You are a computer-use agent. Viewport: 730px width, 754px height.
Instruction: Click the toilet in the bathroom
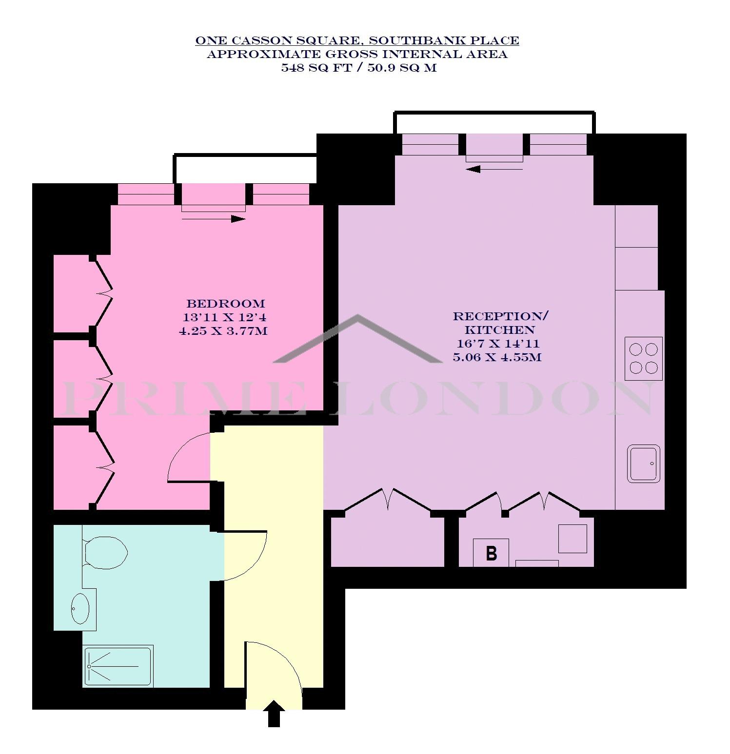(x=105, y=553)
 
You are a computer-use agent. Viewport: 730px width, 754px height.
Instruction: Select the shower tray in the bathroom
(x=118, y=666)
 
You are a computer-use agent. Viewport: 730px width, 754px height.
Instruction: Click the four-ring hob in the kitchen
(x=644, y=358)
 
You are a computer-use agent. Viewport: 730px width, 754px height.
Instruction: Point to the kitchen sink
(x=643, y=463)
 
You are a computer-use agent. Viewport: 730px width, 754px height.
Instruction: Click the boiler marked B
(x=491, y=553)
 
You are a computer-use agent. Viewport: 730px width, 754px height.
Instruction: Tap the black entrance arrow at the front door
(x=275, y=714)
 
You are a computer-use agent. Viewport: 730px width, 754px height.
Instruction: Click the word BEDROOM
(x=226, y=304)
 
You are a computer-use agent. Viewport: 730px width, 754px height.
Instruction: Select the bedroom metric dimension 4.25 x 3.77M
(x=223, y=331)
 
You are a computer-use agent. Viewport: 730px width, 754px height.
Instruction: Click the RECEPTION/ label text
(x=501, y=316)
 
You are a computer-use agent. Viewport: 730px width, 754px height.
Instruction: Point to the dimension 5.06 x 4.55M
(x=497, y=357)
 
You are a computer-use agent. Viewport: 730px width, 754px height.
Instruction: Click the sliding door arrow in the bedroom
(x=214, y=219)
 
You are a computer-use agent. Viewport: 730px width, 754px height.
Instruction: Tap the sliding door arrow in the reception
(x=494, y=169)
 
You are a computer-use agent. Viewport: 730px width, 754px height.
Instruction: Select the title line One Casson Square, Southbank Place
(x=357, y=40)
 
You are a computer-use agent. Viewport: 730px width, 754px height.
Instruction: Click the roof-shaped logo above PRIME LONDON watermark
(x=358, y=338)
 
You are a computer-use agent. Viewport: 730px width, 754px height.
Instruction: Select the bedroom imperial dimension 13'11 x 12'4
(x=224, y=317)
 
